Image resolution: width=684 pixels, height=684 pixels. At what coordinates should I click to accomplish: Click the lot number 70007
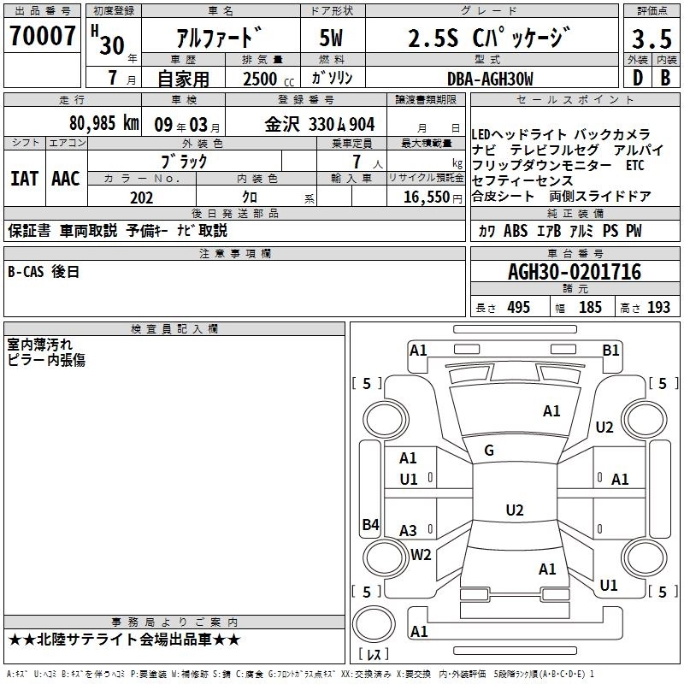point(42,36)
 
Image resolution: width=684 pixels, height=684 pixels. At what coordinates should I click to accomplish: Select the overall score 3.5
point(652,39)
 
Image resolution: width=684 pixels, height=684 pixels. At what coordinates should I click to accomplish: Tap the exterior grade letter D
point(638,77)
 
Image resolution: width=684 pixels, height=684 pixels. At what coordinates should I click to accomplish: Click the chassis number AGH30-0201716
point(574,272)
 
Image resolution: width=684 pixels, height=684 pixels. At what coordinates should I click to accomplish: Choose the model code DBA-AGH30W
point(490,79)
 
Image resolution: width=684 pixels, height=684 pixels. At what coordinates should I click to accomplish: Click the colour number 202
point(141,198)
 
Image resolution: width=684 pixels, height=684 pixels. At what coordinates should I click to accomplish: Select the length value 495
point(518,308)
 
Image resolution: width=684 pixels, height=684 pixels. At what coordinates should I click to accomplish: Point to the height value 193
point(658,308)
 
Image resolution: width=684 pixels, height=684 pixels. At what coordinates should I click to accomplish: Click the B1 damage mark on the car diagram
point(610,350)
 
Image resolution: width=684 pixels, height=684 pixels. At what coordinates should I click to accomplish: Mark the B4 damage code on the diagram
point(370,525)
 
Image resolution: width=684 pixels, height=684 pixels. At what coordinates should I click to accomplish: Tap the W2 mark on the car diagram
point(421,554)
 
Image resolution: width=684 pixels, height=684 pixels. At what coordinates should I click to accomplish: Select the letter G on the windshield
point(489,451)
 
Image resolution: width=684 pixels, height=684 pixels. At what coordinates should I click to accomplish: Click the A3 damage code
point(409,531)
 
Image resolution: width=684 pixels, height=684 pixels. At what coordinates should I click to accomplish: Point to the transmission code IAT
point(23,179)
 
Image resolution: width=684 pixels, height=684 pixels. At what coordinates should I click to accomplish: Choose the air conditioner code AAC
point(65,179)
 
